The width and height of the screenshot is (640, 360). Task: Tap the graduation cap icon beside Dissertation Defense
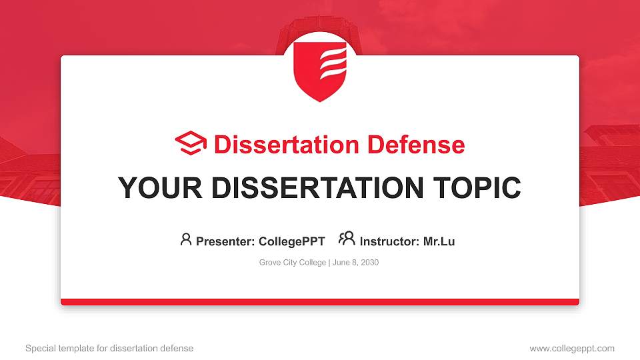point(191,143)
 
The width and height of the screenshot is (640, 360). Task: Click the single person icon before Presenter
point(186,239)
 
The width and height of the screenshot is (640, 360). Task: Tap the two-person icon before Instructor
point(347,239)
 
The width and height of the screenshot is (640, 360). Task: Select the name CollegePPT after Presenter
point(291,241)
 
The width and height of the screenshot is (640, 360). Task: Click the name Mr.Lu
point(439,241)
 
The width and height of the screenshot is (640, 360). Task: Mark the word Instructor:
point(389,241)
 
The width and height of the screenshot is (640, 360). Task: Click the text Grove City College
point(292,263)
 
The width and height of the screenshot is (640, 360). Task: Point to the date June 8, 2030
point(355,263)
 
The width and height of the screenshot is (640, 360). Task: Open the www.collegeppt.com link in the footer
point(572,348)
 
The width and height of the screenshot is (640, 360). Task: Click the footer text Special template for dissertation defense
point(109,348)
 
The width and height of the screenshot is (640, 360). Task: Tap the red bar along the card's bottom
point(320,302)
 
